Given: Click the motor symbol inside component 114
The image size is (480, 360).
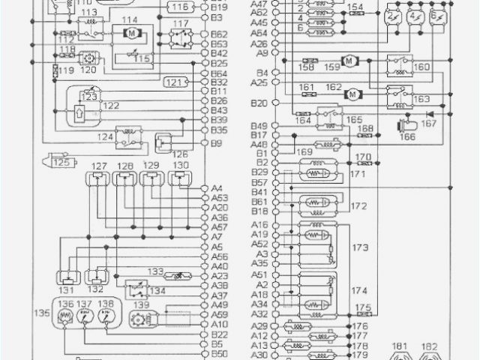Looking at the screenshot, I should (x=130, y=34).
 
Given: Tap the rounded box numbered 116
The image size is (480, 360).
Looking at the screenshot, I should (x=180, y=7).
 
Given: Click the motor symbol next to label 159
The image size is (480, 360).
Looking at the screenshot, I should (x=348, y=61).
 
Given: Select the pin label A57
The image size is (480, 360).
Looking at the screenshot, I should (x=220, y=226).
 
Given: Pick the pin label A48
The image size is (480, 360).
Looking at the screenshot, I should (x=259, y=144).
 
